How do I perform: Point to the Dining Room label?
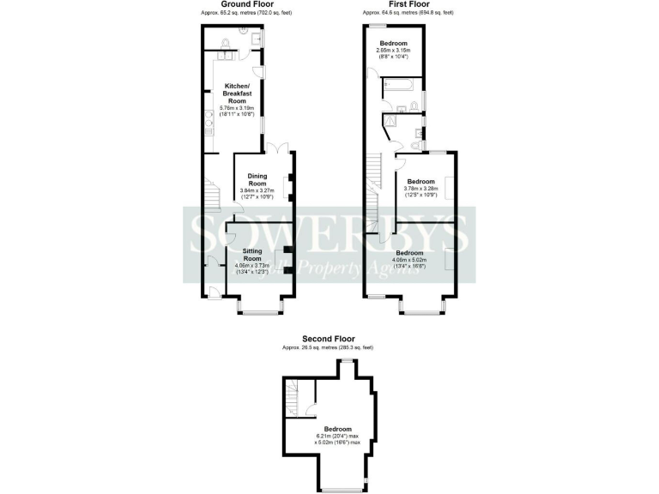point(257,180)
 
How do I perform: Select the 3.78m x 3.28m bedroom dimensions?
point(420,192)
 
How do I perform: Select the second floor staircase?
point(293,396)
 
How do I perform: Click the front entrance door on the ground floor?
point(213,294)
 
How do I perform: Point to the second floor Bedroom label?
point(337,429)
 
